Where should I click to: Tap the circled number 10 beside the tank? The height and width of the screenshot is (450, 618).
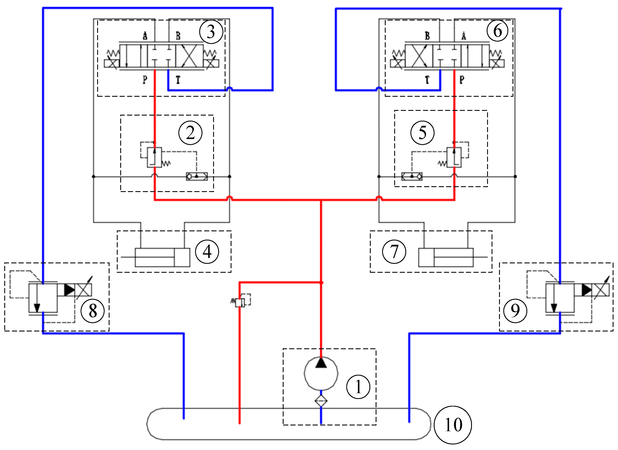[x=453, y=425]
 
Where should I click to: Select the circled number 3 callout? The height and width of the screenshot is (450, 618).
[x=211, y=32]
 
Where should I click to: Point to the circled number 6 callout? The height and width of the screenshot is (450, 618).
[x=498, y=31]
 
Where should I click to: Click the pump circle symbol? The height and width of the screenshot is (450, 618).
[x=321, y=374]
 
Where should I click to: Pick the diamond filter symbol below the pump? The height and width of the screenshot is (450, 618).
[x=321, y=401]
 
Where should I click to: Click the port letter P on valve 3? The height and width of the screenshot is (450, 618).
[x=145, y=80]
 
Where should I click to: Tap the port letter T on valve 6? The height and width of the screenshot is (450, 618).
[x=427, y=80]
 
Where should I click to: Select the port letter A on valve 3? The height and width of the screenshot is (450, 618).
[x=145, y=36]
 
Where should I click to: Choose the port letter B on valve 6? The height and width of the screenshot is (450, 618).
[x=427, y=36]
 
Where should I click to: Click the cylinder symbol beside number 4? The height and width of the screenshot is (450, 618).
[x=163, y=257]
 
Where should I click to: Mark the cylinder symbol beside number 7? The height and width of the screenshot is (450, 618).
[x=446, y=257]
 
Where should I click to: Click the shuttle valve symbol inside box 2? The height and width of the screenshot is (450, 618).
[x=197, y=176]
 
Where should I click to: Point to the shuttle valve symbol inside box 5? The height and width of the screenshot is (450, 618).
[x=412, y=176]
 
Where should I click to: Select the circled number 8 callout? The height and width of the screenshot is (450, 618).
[x=93, y=311]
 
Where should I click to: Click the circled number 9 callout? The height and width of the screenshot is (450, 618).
[x=515, y=311]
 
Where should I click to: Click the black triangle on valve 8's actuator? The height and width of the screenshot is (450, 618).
[x=69, y=290]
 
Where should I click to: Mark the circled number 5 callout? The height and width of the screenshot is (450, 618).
[x=422, y=133]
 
